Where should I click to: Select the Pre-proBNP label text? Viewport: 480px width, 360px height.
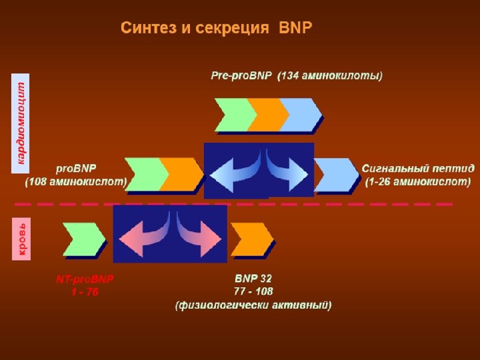tap(241, 76)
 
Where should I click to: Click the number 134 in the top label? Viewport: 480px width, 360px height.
tap(291, 76)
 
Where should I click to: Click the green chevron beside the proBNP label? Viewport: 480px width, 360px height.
tap(145, 174)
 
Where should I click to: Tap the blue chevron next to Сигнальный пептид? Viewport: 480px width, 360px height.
tap(337, 175)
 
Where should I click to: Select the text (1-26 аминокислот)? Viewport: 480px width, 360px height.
tap(418, 181)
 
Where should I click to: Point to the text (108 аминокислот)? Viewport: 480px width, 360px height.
tap(76, 181)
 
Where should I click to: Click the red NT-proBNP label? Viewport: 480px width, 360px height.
tap(85, 279)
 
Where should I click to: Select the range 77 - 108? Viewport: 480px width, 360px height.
tap(253, 291)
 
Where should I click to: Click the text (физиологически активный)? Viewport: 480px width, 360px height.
tap(253, 305)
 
